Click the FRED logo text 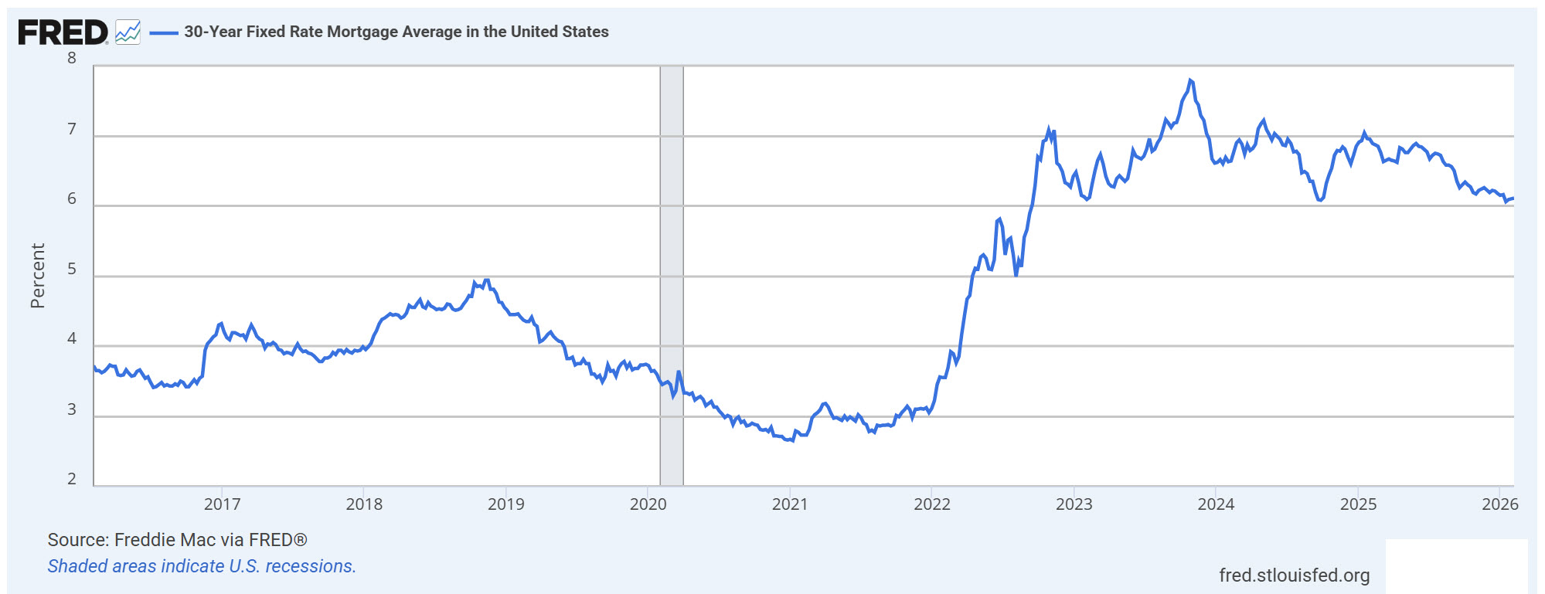[63, 32]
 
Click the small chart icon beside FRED [128, 32]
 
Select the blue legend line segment [163, 32]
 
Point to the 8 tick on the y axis [72, 59]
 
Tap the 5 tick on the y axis [72, 269]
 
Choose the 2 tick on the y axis [72, 479]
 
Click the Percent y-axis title [37, 276]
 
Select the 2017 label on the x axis [222, 504]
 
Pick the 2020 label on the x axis [648, 504]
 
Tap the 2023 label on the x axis [1074, 504]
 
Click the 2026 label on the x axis [1499, 504]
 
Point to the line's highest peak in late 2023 [1190, 80]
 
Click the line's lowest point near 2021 [791, 440]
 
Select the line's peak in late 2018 [486, 280]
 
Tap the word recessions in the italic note [310, 566]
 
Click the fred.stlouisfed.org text [1294, 575]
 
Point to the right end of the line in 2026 [1513, 199]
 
